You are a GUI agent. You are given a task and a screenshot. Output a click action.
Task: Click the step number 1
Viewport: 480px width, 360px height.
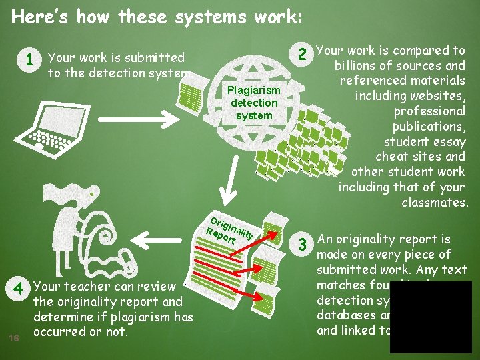click(29, 61)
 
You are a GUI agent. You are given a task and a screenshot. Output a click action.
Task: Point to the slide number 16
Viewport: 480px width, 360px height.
click(15, 338)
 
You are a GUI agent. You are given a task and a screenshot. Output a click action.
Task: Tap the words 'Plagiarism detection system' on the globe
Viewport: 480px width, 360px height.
click(253, 103)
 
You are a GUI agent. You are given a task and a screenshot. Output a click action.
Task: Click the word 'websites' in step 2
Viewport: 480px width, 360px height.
click(439, 96)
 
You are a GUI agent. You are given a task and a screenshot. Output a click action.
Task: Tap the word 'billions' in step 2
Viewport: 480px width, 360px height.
click(360, 65)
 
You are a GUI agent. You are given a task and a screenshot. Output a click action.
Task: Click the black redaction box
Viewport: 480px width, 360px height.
click(430, 317)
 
